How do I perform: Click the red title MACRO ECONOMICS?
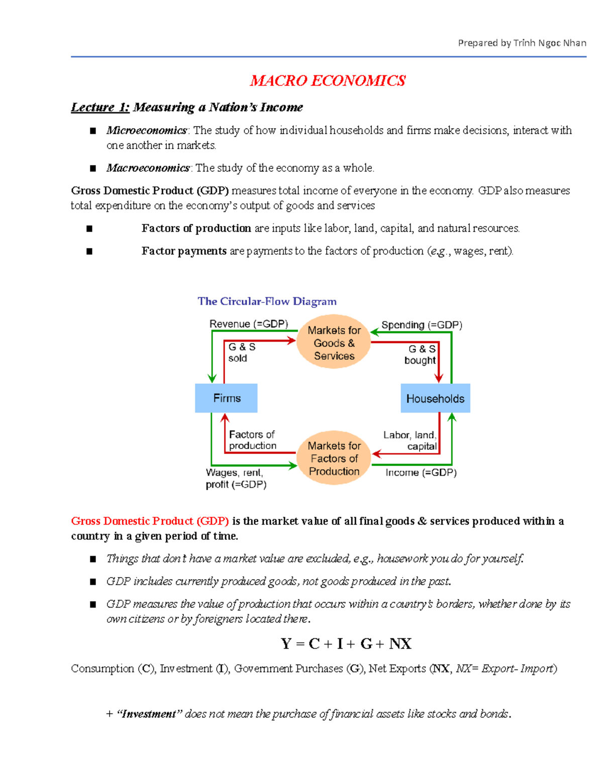pyautogui.click(x=328, y=80)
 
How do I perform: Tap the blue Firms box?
pyautogui.click(x=226, y=398)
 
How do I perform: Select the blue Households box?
pyautogui.click(x=435, y=399)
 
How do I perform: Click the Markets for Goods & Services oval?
pyautogui.click(x=334, y=343)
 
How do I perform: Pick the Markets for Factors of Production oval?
pyautogui.click(x=334, y=458)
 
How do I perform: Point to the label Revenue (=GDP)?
pyautogui.click(x=249, y=324)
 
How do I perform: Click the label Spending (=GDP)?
pyautogui.click(x=422, y=325)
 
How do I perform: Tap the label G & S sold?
pyautogui.click(x=241, y=353)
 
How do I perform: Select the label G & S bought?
pyautogui.click(x=421, y=355)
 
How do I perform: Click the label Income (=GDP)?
pyautogui.click(x=421, y=473)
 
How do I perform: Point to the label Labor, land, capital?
pyautogui.click(x=410, y=440)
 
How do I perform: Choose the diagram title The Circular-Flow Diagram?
pyautogui.click(x=267, y=301)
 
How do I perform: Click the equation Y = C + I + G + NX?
pyautogui.click(x=346, y=644)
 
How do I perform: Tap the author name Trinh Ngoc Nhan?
pyautogui.click(x=550, y=43)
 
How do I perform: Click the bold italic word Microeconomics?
pyautogui.click(x=146, y=131)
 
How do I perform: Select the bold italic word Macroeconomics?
pyautogui.click(x=148, y=168)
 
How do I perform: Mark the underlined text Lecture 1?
pyautogui.click(x=100, y=107)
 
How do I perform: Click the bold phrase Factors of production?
pyautogui.click(x=196, y=229)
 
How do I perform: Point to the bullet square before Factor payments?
pyautogui.click(x=89, y=251)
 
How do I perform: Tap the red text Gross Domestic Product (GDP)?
pyautogui.click(x=150, y=521)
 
